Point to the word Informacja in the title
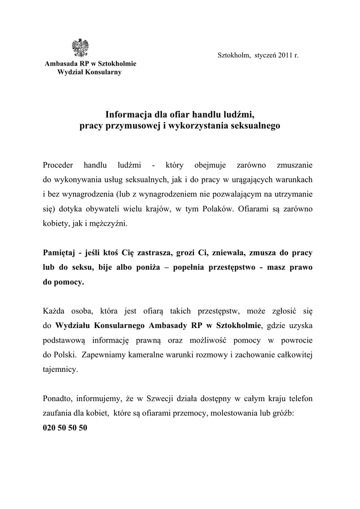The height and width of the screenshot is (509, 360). [127, 115]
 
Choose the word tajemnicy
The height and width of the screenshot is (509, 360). [60, 370]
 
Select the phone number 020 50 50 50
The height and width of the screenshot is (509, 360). [65, 428]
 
